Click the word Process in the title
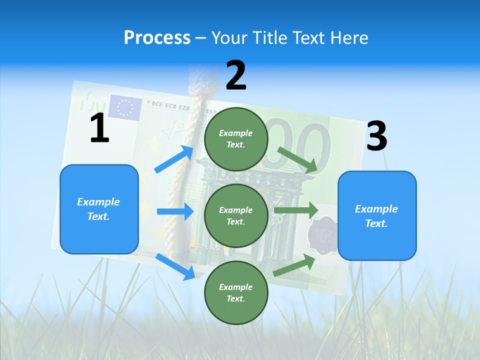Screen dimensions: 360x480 click(x=157, y=37)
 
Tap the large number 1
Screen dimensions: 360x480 click(x=99, y=128)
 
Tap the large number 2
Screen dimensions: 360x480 click(x=236, y=75)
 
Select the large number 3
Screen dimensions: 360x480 click(x=376, y=136)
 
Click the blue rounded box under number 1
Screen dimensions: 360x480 click(x=99, y=209)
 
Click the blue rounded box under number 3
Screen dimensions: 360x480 click(x=377, y=215)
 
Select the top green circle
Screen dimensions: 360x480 click(x=236, y=139)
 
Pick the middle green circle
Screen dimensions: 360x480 click(x=236, y=215)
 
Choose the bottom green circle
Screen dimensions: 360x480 click(x=236, y=292)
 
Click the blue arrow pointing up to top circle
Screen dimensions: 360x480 click(x=174, y=159)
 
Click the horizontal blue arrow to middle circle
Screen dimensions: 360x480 click(x=175, y=211)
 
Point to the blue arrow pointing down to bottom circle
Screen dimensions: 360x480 click(x=176, y=266)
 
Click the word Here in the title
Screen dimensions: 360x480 click(x=349, y=37)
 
